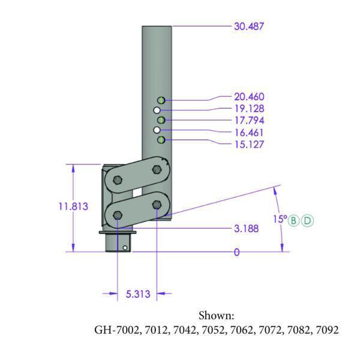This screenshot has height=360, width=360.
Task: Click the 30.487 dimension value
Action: (x=248, y=26)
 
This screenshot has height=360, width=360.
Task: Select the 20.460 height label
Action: (x=248, y=97)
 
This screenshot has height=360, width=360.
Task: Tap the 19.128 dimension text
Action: (x=248, y=109)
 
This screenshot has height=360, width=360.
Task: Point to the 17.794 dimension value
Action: (x=248, y=121)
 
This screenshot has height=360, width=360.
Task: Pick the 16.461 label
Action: (x=248, y=133)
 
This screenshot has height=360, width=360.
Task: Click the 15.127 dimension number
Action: (x=248, y=145)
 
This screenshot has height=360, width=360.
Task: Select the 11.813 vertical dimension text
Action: (x=74, y=206)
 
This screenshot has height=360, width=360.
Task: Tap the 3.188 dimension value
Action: (x=247, y=229)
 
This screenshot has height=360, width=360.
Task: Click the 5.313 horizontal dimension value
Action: (x=137, y=294)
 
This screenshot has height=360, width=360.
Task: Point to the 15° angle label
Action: (x=281, y=220)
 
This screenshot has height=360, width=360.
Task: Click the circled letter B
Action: (x=295, y=220)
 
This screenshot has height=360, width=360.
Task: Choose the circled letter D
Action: (x=307, y=220)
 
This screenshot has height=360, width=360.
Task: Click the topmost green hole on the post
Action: (x=161, y=100)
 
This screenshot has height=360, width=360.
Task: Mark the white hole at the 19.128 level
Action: (x=157, y=110)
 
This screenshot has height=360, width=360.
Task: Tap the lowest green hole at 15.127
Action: (x=161, y=140)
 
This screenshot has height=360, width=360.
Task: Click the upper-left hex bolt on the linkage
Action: (x=117, y=181)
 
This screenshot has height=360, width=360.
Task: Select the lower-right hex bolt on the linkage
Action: (x=157, y=205)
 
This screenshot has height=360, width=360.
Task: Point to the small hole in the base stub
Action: (x=124, y=246)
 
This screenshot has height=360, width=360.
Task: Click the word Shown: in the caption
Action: (x=216, y=316)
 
